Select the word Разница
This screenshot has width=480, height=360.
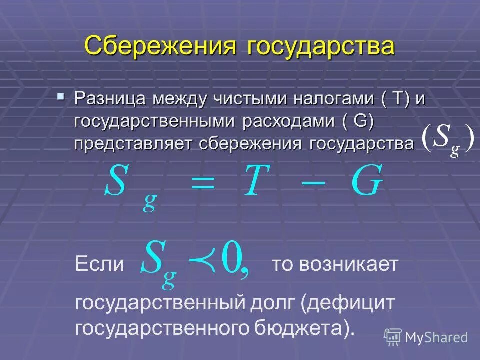pos(110,99)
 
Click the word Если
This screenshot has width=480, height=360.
pos(99,263)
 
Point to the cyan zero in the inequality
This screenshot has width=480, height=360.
pos(231,258)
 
